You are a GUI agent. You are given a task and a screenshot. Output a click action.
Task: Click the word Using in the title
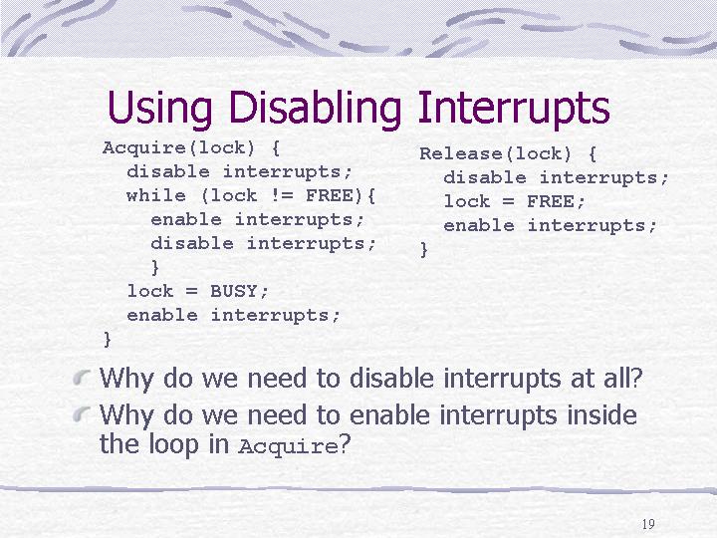pyautogui.click(x=160, y=108)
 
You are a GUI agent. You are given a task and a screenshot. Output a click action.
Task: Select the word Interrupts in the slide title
pyautogui.click(x=514, y=108)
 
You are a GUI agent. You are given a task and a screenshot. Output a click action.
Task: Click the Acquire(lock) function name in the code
pyautogui.click(x=179, y=147)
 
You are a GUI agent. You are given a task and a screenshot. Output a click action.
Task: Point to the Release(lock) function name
pyautogui.click(x=496, y=153)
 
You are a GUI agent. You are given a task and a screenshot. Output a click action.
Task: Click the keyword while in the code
pyautogui.click(x=156, y=196)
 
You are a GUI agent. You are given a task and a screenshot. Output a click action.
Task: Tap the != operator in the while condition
pyautogui.click(x=282, y=196)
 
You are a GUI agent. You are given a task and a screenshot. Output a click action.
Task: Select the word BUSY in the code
pyautogui.click(x=234, y=291)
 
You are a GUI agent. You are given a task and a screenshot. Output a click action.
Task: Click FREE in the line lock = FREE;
pyautogui.click(x=551, y=201)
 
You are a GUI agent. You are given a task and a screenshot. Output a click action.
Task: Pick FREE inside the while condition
pyautogui.click(x=330, y=196)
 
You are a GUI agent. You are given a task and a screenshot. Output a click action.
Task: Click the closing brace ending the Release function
pyautogui.click(x=424, y=250)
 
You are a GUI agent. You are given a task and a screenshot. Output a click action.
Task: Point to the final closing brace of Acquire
pyautogui.click(x=107, y=340)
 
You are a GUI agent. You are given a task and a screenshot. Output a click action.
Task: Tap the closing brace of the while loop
pyautogui.click(x=155, y=268)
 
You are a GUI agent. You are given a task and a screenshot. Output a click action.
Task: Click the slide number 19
pyautogui.click(x=648, y=524)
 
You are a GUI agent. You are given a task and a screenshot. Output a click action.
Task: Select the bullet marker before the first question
pyautogui.click(x=81, y=378)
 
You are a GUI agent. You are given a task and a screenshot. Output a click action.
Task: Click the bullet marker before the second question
pyautogui.click(x=81, y=414)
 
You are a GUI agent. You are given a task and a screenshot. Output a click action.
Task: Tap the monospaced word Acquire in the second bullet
pyautogui.click(x=288, y=445)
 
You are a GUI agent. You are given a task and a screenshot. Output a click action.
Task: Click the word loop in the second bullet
pyautogui.click(x=173, y=443)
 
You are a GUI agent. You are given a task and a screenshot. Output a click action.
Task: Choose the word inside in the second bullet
pyautogui.click(x=601, y=414)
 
